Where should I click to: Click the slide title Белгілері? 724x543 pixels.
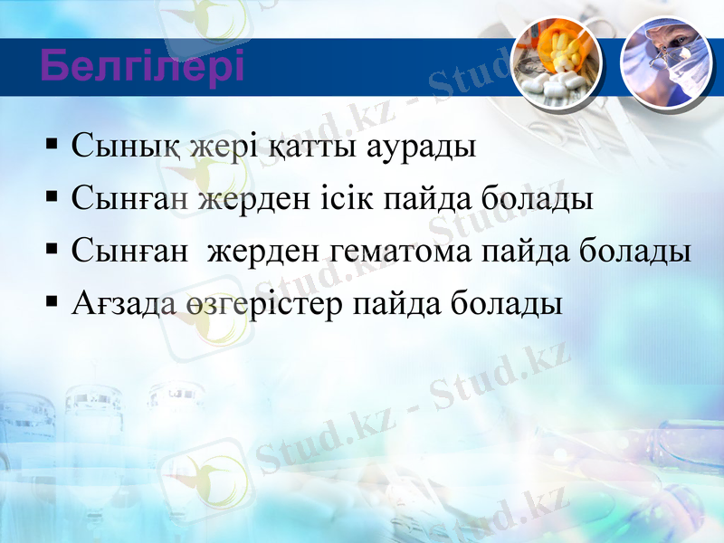click(142, 67)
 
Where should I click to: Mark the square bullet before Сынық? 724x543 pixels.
click(52, 144)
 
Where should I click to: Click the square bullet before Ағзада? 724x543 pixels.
click(52, 300)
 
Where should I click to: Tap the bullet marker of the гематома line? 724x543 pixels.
click(52, 248)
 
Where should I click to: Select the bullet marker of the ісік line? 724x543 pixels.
click(52, 195)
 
